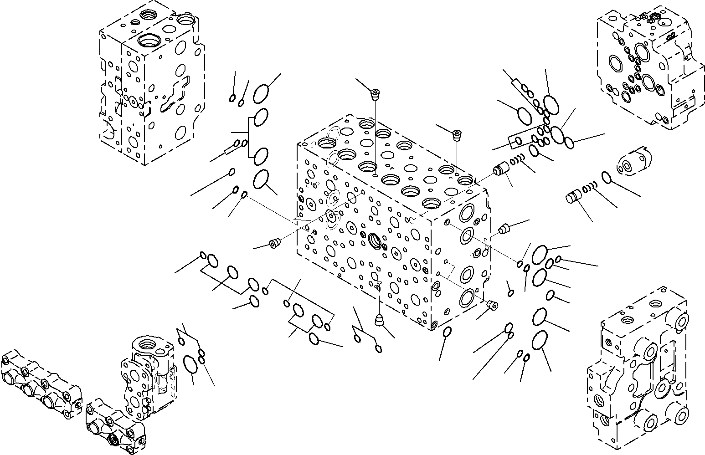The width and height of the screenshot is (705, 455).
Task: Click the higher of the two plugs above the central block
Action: click(x=375, y=95)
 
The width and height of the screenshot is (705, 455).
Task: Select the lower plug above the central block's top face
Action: click(x=457, y=134)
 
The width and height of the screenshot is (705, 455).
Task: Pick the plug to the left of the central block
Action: click(x=274, y=244)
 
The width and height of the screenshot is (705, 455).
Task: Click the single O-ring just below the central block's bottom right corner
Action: click(x=447, y=331)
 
